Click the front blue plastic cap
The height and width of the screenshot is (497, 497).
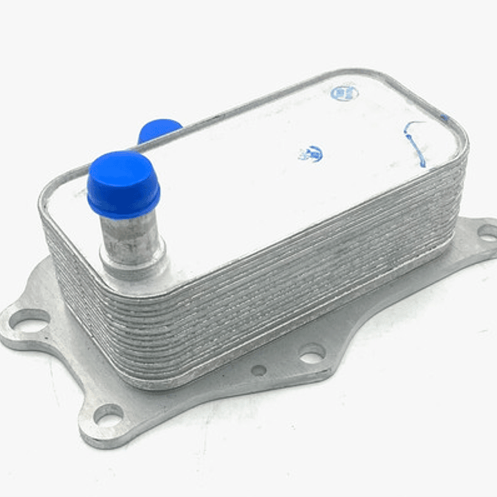tap(123, 185)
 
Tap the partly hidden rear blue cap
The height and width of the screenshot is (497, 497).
tap(159, 129)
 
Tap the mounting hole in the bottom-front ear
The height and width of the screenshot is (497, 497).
tap(108, 415)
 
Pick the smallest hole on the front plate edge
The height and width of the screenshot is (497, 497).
tap(259, 371)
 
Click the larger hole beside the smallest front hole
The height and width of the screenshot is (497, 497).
tap(312, 354)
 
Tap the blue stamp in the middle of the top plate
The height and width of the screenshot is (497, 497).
tap(310, 153)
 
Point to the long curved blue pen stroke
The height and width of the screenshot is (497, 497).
tap(415, 142)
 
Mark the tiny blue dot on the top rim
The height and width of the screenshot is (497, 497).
tap(444, 118)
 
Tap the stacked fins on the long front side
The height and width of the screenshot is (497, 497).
tap(276, 276)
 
